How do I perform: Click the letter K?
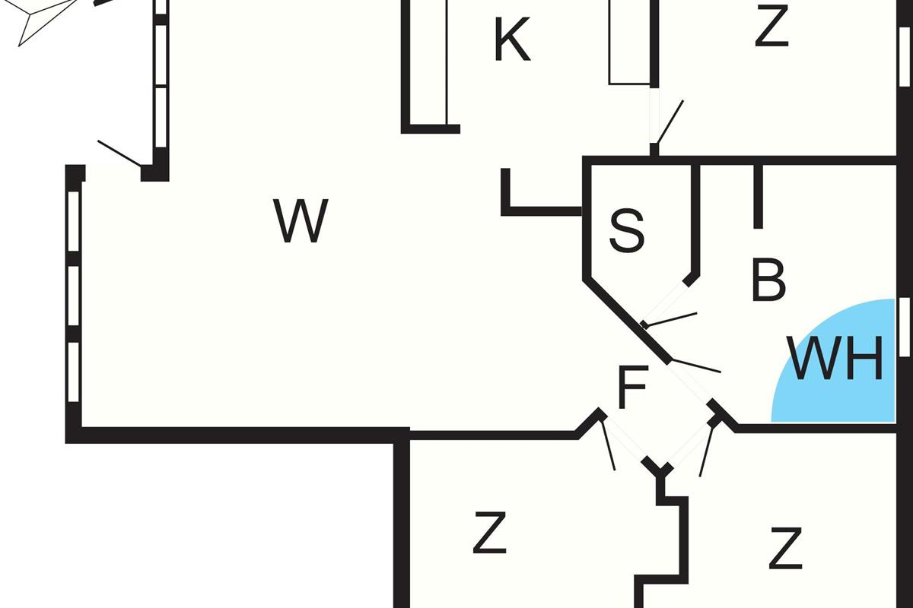[x=512, y=42]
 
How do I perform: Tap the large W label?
[x=302, y=221]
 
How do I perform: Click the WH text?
[x=837, y=359]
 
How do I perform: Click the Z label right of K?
[x=771, y=27]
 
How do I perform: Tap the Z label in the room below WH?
[x=785, y=549]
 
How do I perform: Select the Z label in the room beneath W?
[x=489, y=534]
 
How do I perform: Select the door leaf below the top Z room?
[x=670, y=122]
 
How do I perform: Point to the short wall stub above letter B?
[x=758, y=195]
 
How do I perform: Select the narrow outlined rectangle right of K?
[x=630, y=42]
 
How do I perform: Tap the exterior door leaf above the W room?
[x=119, y=154]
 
